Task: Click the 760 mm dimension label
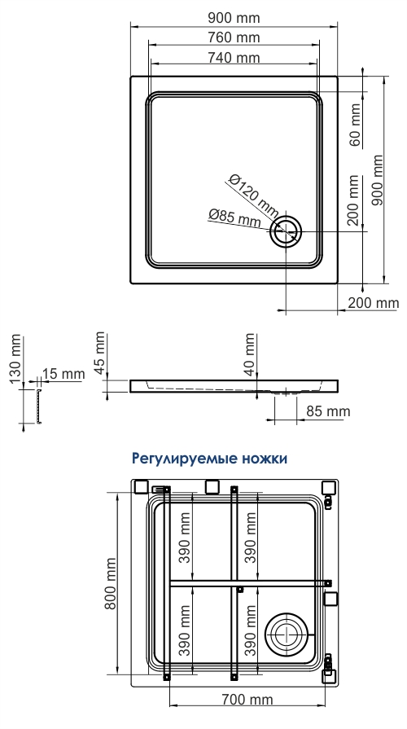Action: coord(234,37)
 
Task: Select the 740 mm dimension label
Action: coord(234,58)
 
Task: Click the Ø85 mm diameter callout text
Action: coord(234,217)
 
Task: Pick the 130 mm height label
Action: coord(15,358)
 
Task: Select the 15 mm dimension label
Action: coord(63,374)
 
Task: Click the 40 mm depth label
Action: coord(250,354)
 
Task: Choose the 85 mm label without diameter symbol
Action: coord(328,411)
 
